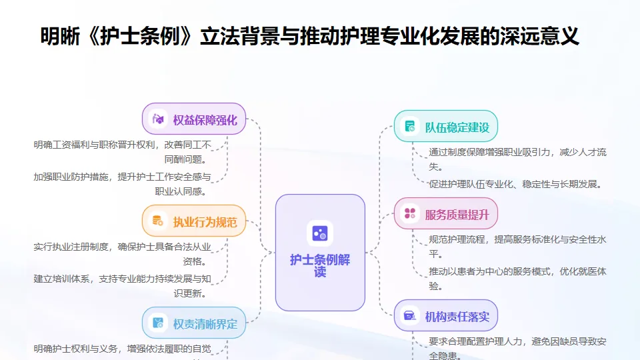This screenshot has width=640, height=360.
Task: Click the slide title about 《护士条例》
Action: [x=309, y=37]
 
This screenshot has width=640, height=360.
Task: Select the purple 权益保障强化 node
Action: [x=195, y=120]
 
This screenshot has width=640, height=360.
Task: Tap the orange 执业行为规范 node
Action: [x=195, y=221]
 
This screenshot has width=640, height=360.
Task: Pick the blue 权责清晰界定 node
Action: [x=195, y=324]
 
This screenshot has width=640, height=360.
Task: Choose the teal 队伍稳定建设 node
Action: [x=446, y=127]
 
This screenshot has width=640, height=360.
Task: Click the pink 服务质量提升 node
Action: [x=446, y=215]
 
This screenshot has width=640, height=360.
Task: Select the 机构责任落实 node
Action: [x=446, y=316]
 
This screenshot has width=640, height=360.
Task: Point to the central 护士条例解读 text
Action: [x=320, y=265]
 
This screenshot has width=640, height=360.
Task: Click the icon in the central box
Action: [x=320, y=233]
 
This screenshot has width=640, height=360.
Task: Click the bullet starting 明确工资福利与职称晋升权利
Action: [x=123, y=151]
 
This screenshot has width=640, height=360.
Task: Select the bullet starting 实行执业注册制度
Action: [x=123, y=253]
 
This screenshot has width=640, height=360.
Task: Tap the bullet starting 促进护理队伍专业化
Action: [x=516, y=184]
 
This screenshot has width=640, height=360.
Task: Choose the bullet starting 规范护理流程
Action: [x=517, y=245]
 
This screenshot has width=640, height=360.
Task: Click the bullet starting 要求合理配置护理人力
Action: [x=517, y=348]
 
